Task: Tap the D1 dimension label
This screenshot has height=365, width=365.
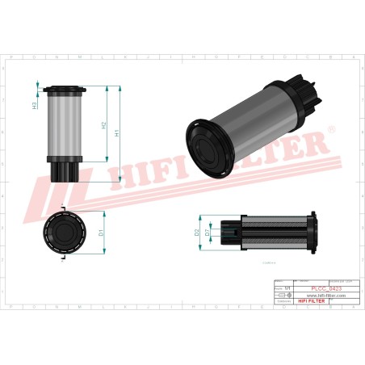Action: pyautogui.click(x=101, y=233)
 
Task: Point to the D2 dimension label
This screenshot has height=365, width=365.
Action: pyautogui.click(x=197, y=233)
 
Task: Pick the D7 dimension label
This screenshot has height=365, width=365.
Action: pyautogui.click(x=208, y=233)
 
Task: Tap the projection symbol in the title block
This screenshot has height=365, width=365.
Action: pyautogui.click(x=280, y=296)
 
